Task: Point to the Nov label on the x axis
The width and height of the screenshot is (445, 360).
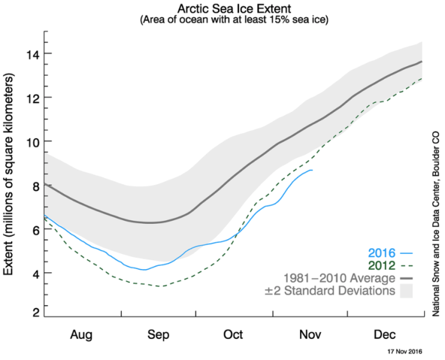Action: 310,334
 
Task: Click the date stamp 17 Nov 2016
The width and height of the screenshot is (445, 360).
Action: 406,350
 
